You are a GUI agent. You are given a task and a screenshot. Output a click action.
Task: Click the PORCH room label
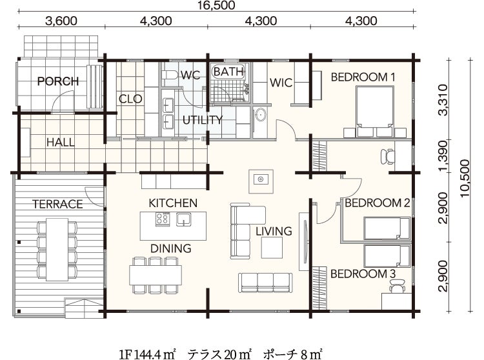coord(58,81)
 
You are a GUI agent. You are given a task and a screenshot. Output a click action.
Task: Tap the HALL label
coord(61,143)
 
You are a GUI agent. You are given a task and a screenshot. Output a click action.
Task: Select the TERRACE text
coord(57,205)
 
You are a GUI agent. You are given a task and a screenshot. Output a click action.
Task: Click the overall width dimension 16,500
coord(217,5)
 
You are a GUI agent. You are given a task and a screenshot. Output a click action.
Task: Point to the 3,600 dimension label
coord(61,21)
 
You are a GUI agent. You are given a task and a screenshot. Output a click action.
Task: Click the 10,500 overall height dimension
coord(464,177)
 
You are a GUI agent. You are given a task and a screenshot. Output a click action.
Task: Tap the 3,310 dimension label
coord(443,99)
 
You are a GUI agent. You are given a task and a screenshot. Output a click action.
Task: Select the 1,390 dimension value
coord(443,155)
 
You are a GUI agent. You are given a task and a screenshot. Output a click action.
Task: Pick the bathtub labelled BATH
coord(229,72)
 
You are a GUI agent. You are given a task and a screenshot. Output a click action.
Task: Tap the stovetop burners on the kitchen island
coord(163,219)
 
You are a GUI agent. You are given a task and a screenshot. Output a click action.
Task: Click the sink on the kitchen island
coord(184,219)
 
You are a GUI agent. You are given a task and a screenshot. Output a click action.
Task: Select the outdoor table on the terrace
coord(57,250)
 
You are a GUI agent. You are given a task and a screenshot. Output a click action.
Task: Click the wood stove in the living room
coord(261,181)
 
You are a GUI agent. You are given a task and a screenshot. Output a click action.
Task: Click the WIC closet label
coord(281,83)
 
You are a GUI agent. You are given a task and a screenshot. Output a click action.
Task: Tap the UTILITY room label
coord(203,120)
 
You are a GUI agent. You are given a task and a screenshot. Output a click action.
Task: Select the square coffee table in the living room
coord(272,247)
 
